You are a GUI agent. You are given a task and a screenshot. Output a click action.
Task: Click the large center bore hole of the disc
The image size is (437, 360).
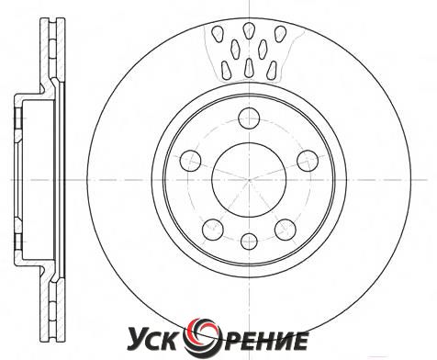249,180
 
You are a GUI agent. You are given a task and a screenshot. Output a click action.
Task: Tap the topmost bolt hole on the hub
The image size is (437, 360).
249,118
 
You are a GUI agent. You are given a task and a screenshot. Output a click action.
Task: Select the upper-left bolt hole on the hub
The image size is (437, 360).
190,161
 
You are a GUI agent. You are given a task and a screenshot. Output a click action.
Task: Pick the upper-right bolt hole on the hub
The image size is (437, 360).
308,161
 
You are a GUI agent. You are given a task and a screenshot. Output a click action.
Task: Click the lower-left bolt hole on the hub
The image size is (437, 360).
213,230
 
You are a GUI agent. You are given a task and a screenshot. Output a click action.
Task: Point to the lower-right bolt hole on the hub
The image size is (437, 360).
286,230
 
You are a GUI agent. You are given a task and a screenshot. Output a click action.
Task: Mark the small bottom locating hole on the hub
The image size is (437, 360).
249,242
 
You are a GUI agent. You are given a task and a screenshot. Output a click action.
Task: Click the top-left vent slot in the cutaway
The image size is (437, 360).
218,34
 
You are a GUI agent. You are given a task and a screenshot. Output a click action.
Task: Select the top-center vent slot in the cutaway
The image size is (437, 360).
249,30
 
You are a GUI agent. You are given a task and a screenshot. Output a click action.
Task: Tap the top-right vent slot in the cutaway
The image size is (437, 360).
280,34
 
